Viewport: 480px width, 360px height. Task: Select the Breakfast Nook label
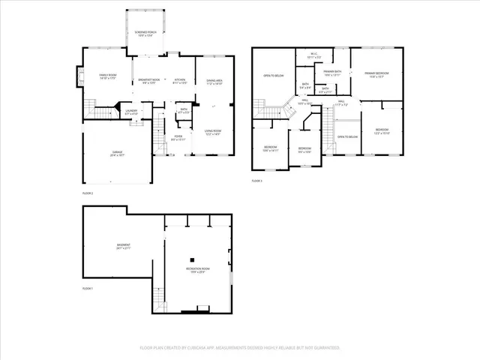[x=148, y=81]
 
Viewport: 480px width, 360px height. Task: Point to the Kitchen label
[x=180, y=81]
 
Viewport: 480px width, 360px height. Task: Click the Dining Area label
[x=214, y=82]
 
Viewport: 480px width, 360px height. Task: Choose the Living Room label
[x=214, y=132]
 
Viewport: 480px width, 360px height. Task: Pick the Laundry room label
[x=130, y=112]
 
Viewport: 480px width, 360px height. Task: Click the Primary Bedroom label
[x=374, y=74]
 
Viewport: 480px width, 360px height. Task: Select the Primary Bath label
[x=332, y=73]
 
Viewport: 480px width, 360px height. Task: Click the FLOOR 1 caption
[x=88, y=289]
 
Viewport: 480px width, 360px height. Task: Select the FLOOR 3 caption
[x=256, y=181]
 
